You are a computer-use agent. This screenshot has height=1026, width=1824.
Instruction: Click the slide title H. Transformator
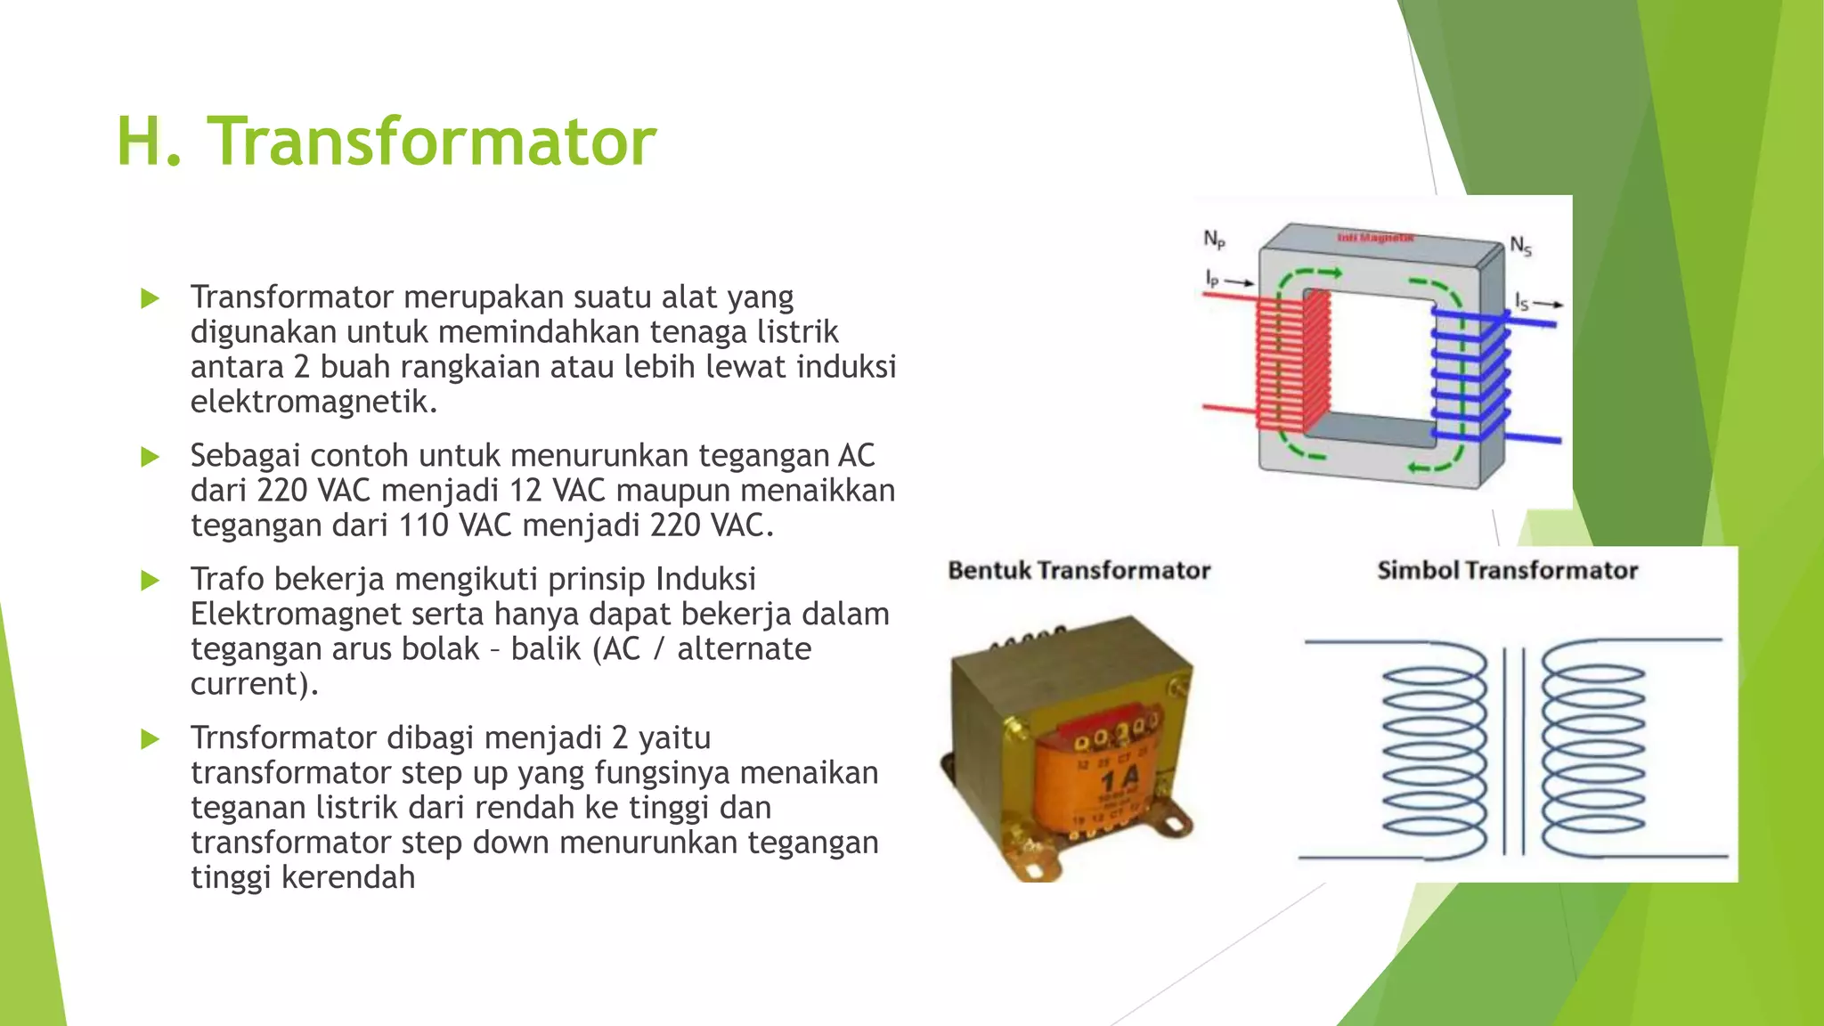coord(386,142)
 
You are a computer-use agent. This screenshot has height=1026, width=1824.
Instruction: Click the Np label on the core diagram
coord(1214,239)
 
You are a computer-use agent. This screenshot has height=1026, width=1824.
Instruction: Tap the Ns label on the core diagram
coord(1520,246)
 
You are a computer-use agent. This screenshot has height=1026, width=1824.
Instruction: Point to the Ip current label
coord(1212,279)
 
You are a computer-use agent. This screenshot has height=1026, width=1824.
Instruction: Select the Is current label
coord(1522,303)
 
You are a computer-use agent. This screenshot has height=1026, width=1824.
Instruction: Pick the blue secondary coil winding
coord(1470,374)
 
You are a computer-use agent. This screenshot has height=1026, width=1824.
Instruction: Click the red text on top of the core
coord(1375,238)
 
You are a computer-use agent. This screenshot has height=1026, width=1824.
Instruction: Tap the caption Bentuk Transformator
coord(1079,570)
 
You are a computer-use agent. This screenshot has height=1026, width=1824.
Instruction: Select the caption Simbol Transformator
coord(1507,570)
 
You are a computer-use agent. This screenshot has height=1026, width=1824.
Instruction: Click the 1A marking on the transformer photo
coord(1120,781)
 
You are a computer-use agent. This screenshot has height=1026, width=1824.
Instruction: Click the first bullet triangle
coord(150,298)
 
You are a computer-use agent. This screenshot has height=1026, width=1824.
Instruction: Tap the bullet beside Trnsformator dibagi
coord(150,739)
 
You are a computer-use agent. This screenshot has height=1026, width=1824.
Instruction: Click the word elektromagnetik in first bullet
coord(313,402)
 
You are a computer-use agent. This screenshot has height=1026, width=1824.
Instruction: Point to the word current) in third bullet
coord(254,683)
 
